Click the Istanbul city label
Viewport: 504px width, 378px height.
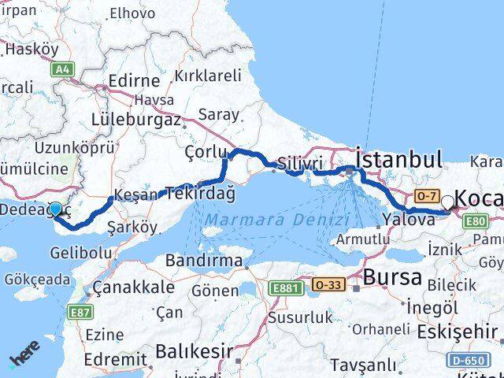(x=398, y=159)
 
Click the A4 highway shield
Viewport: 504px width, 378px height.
(x=61, y=70)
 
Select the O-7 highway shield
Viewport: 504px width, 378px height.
(x=428, y=195)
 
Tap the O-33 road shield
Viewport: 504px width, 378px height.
(x=328, y=283)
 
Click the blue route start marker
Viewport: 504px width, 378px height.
(x=55, y=210)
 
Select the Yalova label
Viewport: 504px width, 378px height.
(x=408, y=220)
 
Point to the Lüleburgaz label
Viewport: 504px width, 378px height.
(x=136, y=120)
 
